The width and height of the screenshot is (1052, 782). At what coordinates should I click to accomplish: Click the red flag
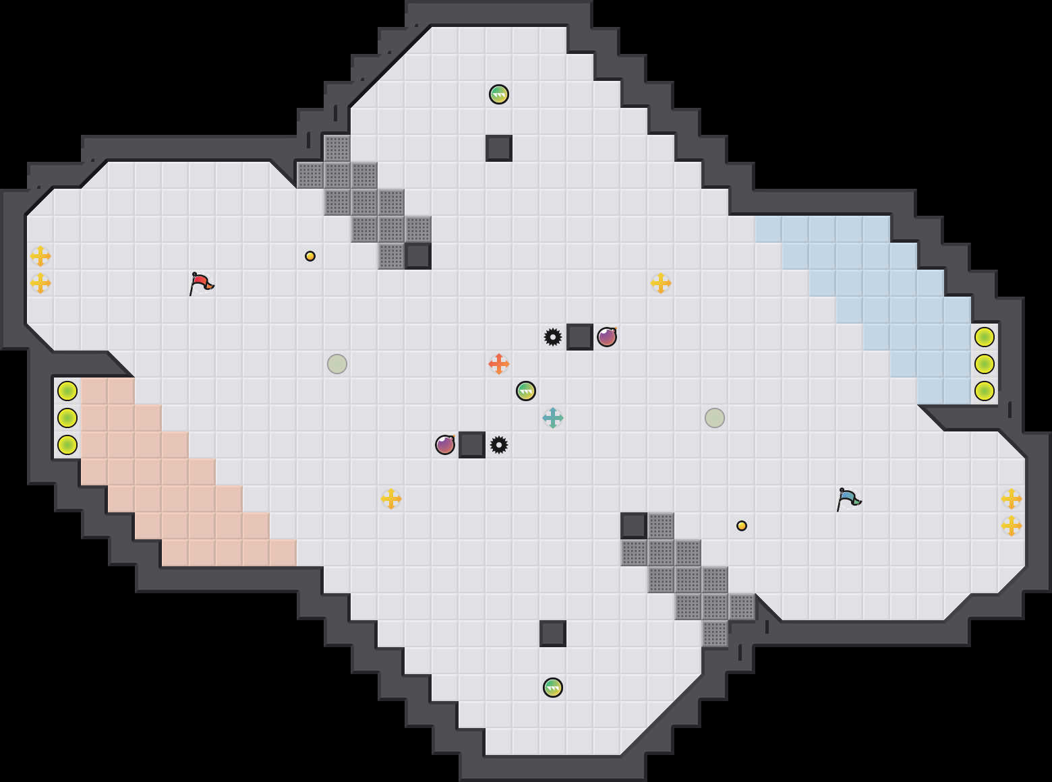click(x=201, y=283)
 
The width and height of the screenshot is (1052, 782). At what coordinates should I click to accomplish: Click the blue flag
click(x=848, y=499)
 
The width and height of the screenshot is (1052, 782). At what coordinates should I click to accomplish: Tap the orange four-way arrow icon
click(x=499, y=364)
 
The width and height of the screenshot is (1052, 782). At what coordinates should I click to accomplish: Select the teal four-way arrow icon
click(x=553, y=418)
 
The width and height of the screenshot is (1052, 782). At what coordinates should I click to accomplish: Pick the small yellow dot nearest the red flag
click(x=310, y=256)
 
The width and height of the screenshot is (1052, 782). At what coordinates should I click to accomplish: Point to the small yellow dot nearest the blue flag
click(x=742, y=526)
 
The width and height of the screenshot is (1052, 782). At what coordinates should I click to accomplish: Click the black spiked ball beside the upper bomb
click(x=553, y=337)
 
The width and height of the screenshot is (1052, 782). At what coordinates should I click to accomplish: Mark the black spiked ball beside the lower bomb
click(x=499, y=445)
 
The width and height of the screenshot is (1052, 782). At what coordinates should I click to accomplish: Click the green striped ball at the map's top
click(x=499, y=94)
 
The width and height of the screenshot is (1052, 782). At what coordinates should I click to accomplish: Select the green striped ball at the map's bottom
click(x=553, y=688)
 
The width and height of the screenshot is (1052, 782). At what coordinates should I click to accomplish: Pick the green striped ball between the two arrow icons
click(x=526, y=391)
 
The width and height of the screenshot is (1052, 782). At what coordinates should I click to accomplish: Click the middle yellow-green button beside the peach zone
click(x=67, y=418)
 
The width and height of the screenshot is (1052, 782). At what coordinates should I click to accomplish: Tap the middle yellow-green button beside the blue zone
click(x=985, y=364)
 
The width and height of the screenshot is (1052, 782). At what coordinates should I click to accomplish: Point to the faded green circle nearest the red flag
click(x=337, y=364)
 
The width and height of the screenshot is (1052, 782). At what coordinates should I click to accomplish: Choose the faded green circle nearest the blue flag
click(x=715, y=418)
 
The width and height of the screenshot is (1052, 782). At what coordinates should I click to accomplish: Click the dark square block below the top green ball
click(x=499, y=148)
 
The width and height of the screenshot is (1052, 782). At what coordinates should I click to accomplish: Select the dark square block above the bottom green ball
click(x=553, y=634)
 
